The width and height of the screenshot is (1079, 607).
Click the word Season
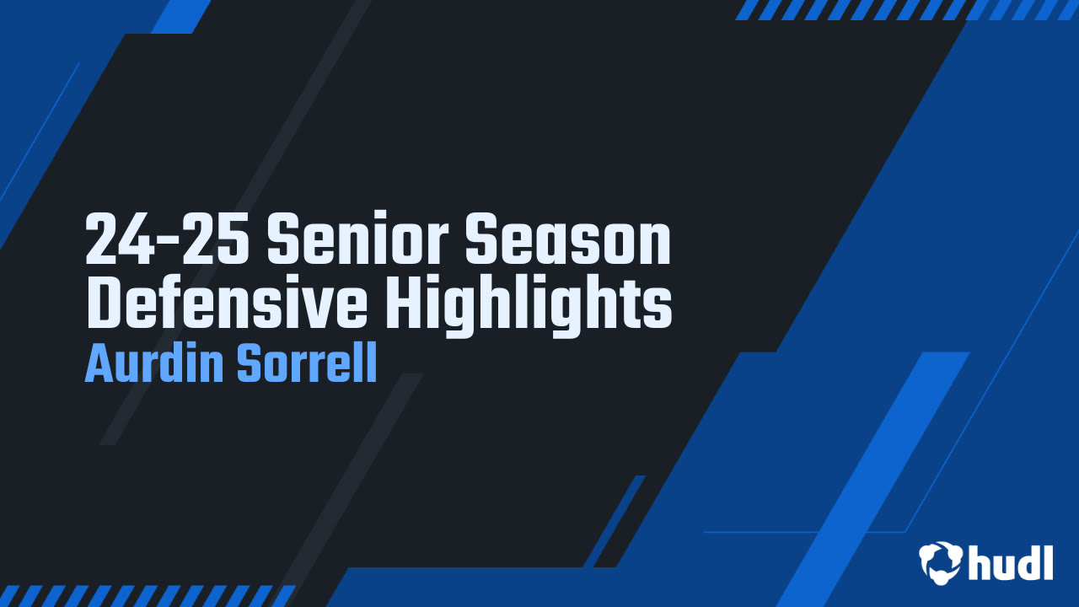568,239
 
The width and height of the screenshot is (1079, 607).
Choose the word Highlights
529,307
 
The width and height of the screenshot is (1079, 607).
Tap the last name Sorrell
307,363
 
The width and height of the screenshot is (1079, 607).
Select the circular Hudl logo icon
940,562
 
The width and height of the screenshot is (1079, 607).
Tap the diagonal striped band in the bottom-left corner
147,596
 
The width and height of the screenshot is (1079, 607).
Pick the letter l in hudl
1047,562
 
